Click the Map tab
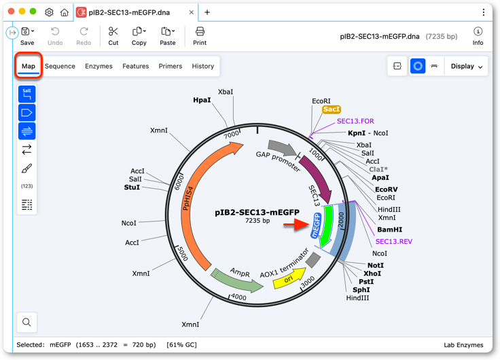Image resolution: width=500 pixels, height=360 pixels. pyautogui.click(x=29, y=66)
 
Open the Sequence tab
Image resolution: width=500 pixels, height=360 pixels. pyautogui.click(x=60, y=66)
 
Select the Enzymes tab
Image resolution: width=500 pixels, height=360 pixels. pyautogui.click(x=99, y=66)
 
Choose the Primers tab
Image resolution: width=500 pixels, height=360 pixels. pyautogui.click(x=171, y=66)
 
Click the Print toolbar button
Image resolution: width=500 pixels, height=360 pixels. pyautogui.click(x=200, y=36)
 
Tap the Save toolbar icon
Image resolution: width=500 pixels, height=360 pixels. pyautogui.click(x=27, y=36)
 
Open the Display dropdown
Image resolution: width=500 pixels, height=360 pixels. pyautogui.click(x=466, y=66)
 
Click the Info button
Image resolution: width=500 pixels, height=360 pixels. pyautogui.click(x=478, y=36)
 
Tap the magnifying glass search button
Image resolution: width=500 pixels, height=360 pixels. pyautogui.click(x=26, y=322)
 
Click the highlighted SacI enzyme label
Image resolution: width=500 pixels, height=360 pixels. pyautogui.click(x=332, y=109)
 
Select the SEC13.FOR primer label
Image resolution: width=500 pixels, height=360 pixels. pyautogui.click(x=355, y=121)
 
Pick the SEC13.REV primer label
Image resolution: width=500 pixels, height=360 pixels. pyautogui.click(x=394, y=241)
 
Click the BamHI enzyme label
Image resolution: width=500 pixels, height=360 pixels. pyautogui.click(x=389, y=230)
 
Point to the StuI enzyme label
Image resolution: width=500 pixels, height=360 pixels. pyautogui.click(x=132, y=187)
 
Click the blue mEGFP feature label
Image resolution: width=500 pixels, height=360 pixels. pyautogui.click(x=316, y=226)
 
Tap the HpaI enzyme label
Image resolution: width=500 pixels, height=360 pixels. pyautogui.click(x=202, y=100)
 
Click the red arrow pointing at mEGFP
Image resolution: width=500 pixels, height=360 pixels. pyautogui.click(x=296, y=224)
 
